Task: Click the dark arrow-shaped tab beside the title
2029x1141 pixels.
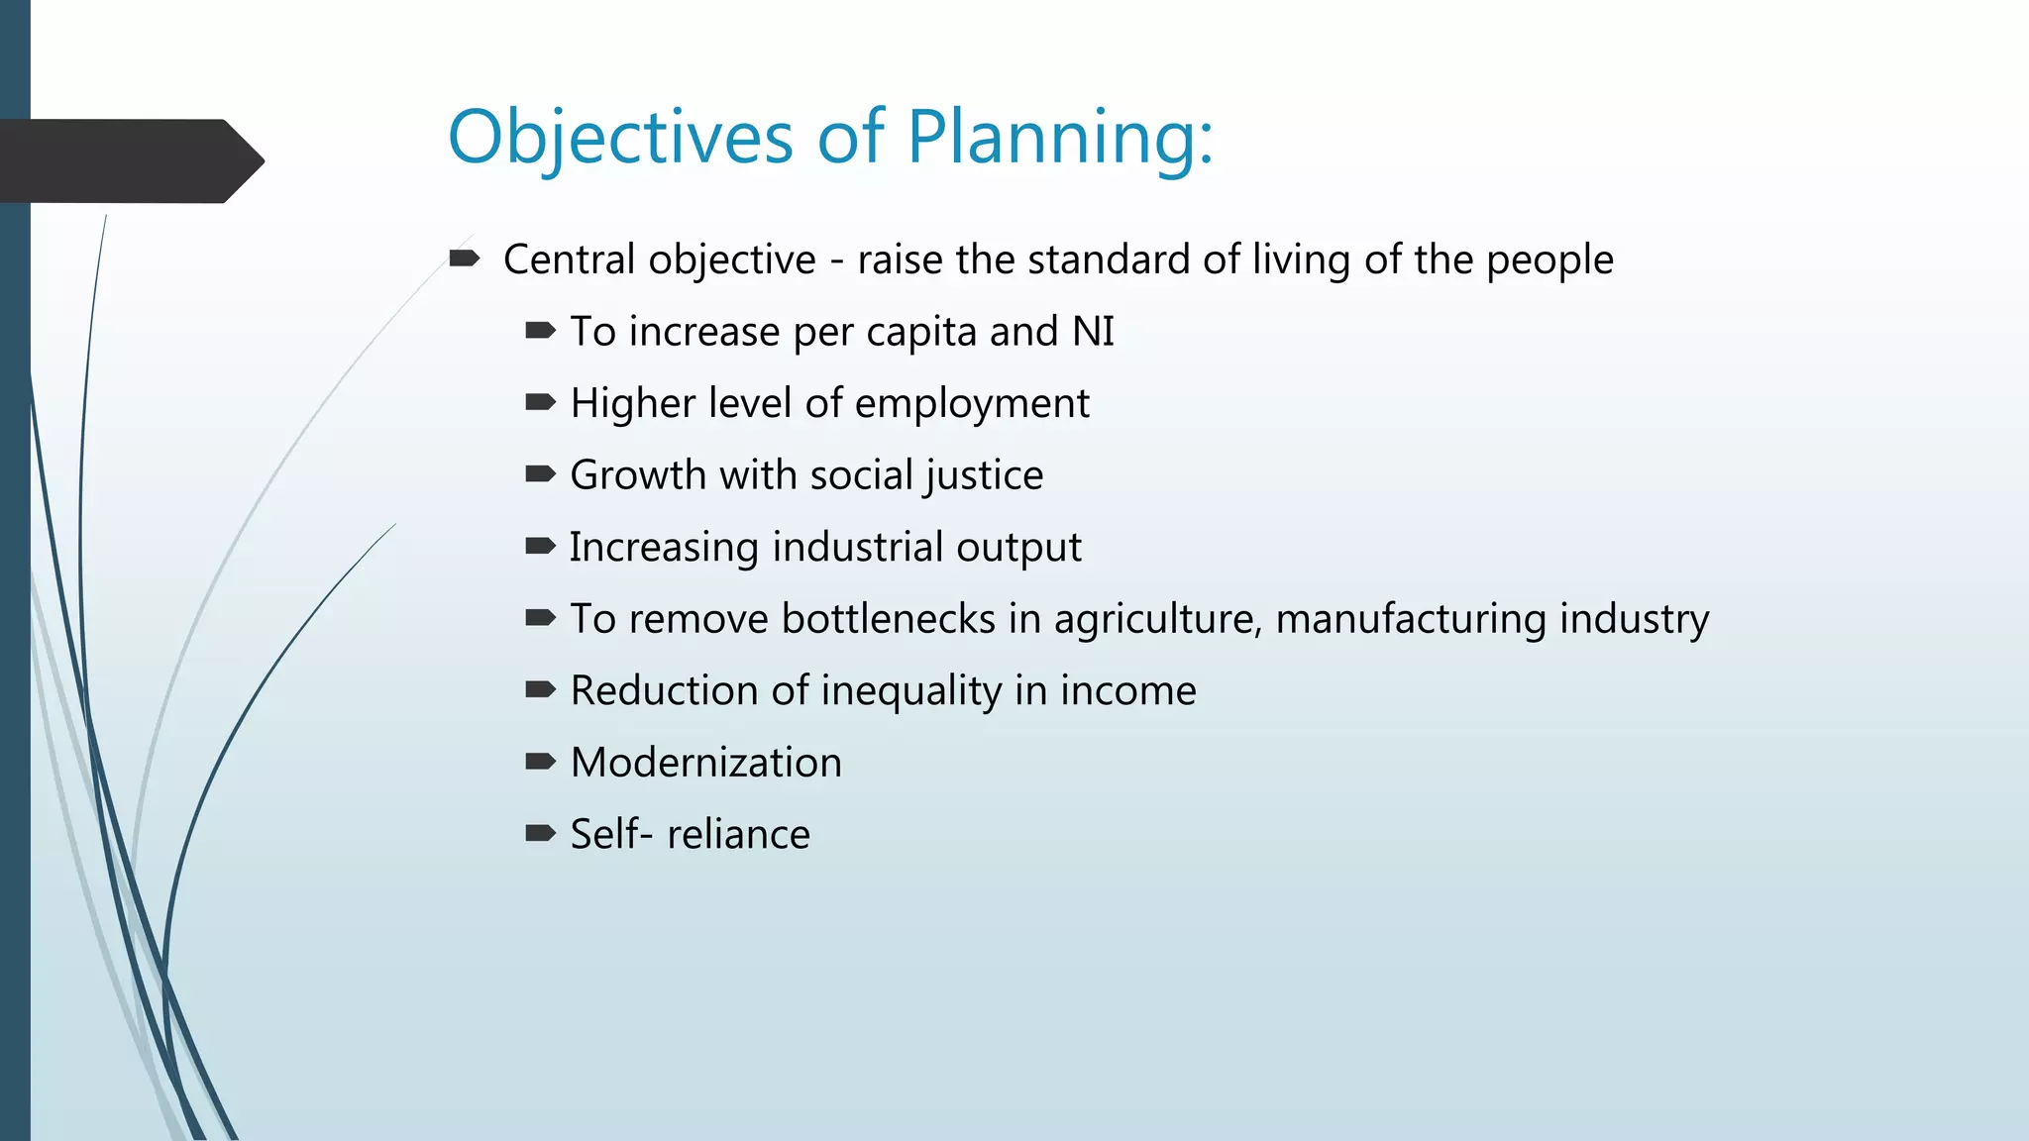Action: pos(129,160)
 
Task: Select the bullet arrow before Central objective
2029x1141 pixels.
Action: pos(464,259)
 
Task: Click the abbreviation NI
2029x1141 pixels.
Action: pos(1093,332)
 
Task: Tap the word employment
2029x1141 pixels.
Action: pos(971,404)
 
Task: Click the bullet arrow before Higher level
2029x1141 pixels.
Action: pos(540,403)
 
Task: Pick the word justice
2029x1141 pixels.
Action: pos(984,475)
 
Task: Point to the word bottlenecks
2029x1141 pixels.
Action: pos(888,619)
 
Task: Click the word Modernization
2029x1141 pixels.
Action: pos(705,763)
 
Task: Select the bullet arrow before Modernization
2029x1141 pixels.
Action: pos(540,762)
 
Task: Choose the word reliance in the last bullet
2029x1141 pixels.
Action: pos(738,835)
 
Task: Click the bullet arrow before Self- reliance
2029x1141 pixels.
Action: pos(540,834)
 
